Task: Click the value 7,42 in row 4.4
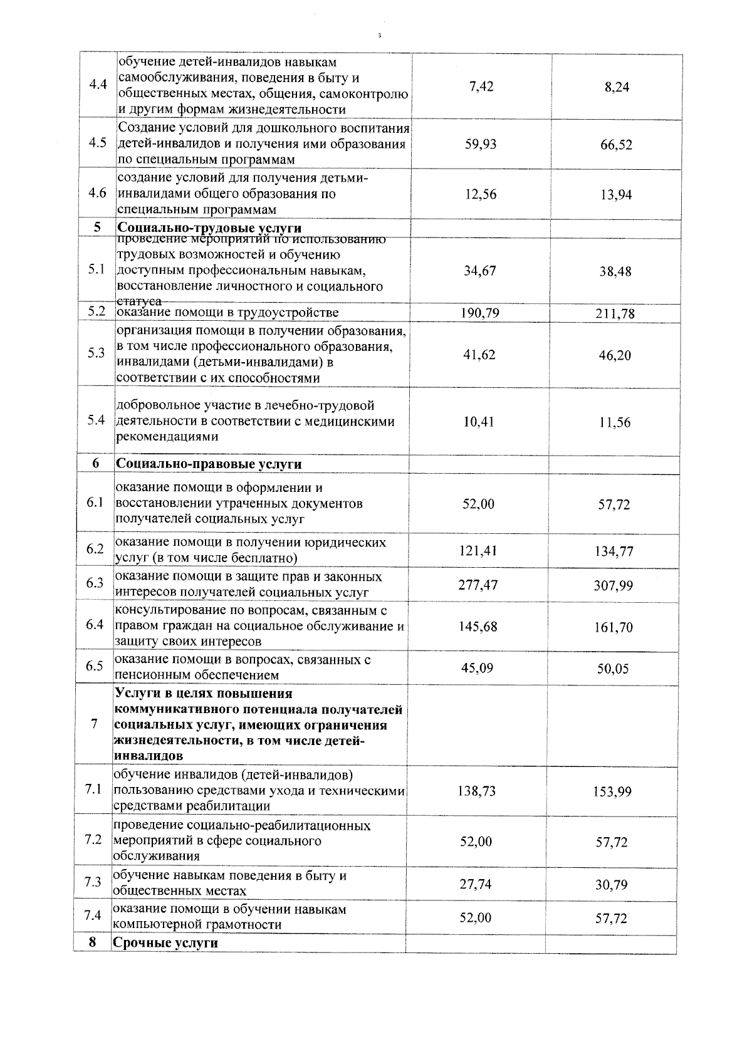pyautogui.click(x=481, y=86)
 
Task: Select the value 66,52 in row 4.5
pyautogui.click(x=616, y=145)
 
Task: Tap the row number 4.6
pyautogui.click(x=97, y=193)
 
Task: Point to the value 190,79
pyautogui.click(x=480, y=312)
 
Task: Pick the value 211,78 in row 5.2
pyautogui.click(x=615, y=313)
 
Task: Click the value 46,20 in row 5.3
pyautogui.click(x=615, y=355)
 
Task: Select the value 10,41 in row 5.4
pyautogui.click(x=479, y=422)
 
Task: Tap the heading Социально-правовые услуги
pyautogui.click(x=208, y=464)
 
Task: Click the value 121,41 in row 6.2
pyautogui.click(x=478, y=550)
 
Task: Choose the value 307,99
pyautogui.click(x=614, y=585)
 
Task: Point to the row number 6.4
pyautogui.click(x=95, y=625)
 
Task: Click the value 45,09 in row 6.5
pyautogui.click(x=477, y=668)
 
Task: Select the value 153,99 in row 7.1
pyautogui.click(x=612, y=791)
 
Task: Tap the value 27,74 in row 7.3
pyautogui.click(x=476, y=884)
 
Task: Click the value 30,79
pyautogui.click(x=612, y=885)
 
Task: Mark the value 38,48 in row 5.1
pyautogui.click(x=615, y=271)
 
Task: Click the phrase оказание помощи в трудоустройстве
pyautogui.click(x=228, y=312)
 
